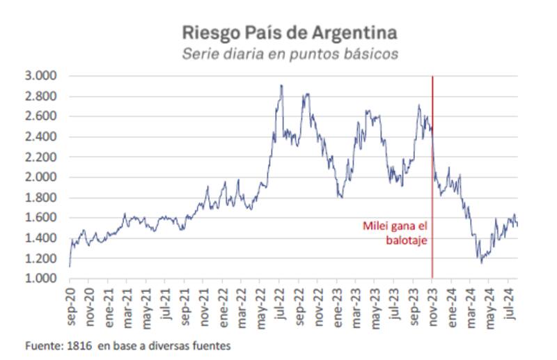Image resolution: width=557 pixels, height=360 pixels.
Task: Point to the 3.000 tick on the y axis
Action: click(42, 76)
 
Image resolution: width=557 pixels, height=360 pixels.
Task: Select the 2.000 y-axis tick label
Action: click(42, 178)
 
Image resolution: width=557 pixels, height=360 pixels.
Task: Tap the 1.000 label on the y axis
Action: click(42, 279)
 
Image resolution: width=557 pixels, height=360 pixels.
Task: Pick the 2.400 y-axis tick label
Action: click(42, 137)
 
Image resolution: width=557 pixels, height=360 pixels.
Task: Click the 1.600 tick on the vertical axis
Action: click(42, 218)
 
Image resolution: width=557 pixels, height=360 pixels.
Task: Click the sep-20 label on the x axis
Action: click(70, 304)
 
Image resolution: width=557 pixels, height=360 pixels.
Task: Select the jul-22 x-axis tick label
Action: click(280, 304)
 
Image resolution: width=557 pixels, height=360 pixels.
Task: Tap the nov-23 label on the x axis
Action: click(432, 304)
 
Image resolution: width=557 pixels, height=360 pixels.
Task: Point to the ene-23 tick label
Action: click(337, 304)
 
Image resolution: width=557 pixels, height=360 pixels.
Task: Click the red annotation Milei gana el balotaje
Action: click(393, 233)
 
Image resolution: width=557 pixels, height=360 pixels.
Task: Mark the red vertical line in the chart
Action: click(432, 174)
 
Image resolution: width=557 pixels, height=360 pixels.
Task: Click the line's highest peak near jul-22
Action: click(281, 86)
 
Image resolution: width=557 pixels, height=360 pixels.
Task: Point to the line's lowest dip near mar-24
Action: click(481, 263)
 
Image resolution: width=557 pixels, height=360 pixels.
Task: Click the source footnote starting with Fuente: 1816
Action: click(127, 345)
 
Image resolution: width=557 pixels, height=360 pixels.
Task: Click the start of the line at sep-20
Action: click(70, 266)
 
